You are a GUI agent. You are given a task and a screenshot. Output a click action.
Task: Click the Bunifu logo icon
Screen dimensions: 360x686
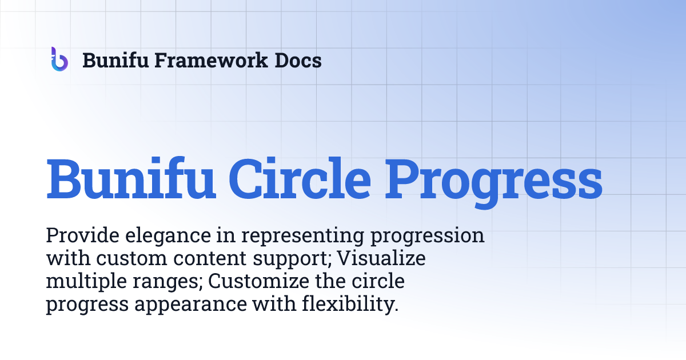tap(59, 59)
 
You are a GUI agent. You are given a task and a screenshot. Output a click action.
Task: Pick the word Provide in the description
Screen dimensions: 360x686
tap(78, 235)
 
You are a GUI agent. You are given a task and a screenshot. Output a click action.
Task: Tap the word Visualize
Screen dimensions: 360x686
tap(381, 259)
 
